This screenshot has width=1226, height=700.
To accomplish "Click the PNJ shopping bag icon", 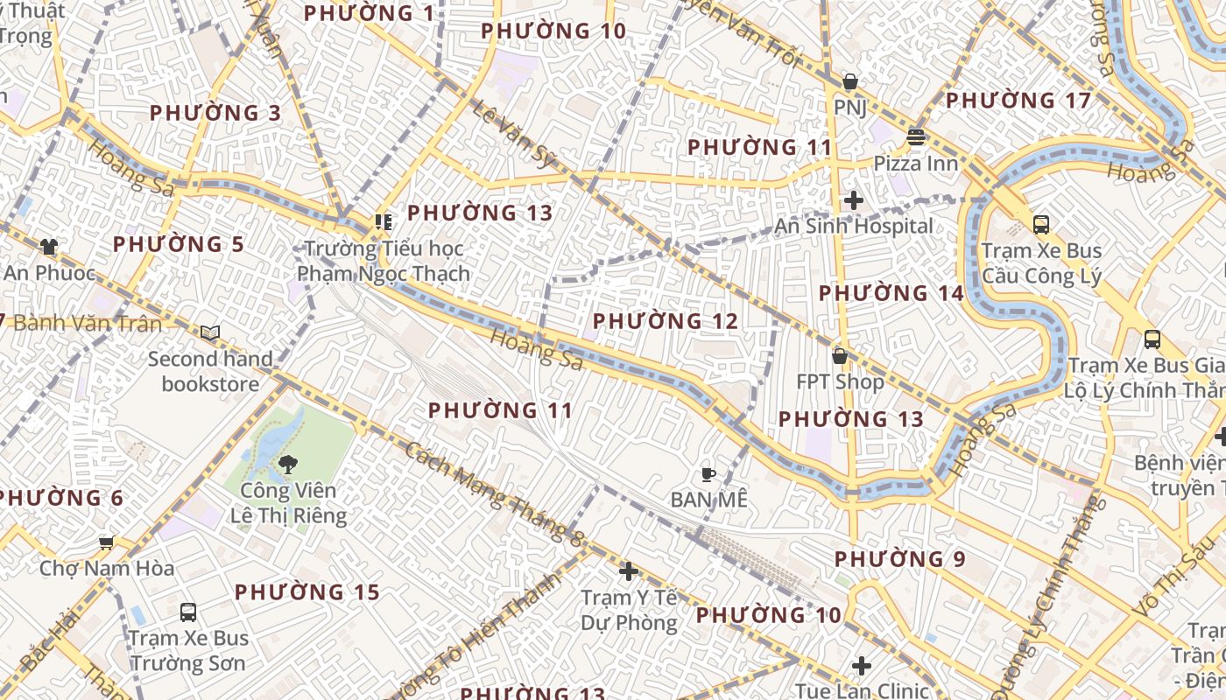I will tap(849, 82).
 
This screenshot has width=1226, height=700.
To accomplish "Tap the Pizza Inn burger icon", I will tap(916, 137).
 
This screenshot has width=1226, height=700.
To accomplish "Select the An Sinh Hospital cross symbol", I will tap(854, 200).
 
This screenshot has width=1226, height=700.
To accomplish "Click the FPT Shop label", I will tap(840, 381).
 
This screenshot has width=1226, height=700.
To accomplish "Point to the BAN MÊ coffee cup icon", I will tap(708, 474).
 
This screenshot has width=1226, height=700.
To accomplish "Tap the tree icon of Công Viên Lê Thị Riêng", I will tap(287, 465).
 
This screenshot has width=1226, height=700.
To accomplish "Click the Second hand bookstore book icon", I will tap(210, 332).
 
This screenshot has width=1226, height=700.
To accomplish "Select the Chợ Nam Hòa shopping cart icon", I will tap(107, 542).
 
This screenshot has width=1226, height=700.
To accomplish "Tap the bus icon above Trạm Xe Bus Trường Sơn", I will tap(188, 612).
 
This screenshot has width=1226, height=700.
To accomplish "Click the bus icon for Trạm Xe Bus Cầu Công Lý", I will tap(1041, 225).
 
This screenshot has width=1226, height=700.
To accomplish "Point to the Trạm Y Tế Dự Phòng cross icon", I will tap(628, 571).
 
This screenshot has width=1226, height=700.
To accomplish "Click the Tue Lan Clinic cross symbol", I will tap(862, 666).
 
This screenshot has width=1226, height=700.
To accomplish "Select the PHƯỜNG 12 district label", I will tap(666, 321).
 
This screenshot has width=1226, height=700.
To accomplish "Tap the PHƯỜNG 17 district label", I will tap(1018, 101).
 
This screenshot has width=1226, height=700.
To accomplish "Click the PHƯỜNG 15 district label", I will tap(307, 592).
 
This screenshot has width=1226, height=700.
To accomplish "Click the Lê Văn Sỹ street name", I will tap(515, 133).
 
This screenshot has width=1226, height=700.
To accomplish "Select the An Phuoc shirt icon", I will tap(48, 247).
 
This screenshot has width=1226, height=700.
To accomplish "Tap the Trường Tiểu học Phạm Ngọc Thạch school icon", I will tap(383, 222).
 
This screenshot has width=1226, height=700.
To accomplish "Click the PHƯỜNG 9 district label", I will tap(899, 558).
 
